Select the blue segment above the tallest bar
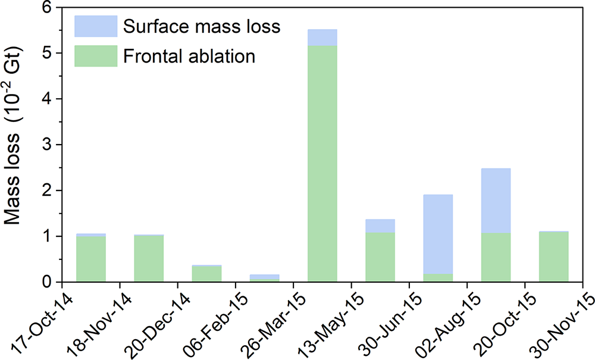pyautogui.click(x=322, y=37)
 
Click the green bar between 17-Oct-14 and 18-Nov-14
pyautogui.click(x=91, y=259)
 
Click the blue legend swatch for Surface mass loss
pyautogui.click(x=95, y=26)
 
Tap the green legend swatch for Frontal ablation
pyautogui.click(x=95, y=57)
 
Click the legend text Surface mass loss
pyautogui.click(x=201, y=27)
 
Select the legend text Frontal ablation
pyautogui.click(x=189, y=57)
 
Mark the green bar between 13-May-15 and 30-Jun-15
pyautogui.click(x=380, y=257)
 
